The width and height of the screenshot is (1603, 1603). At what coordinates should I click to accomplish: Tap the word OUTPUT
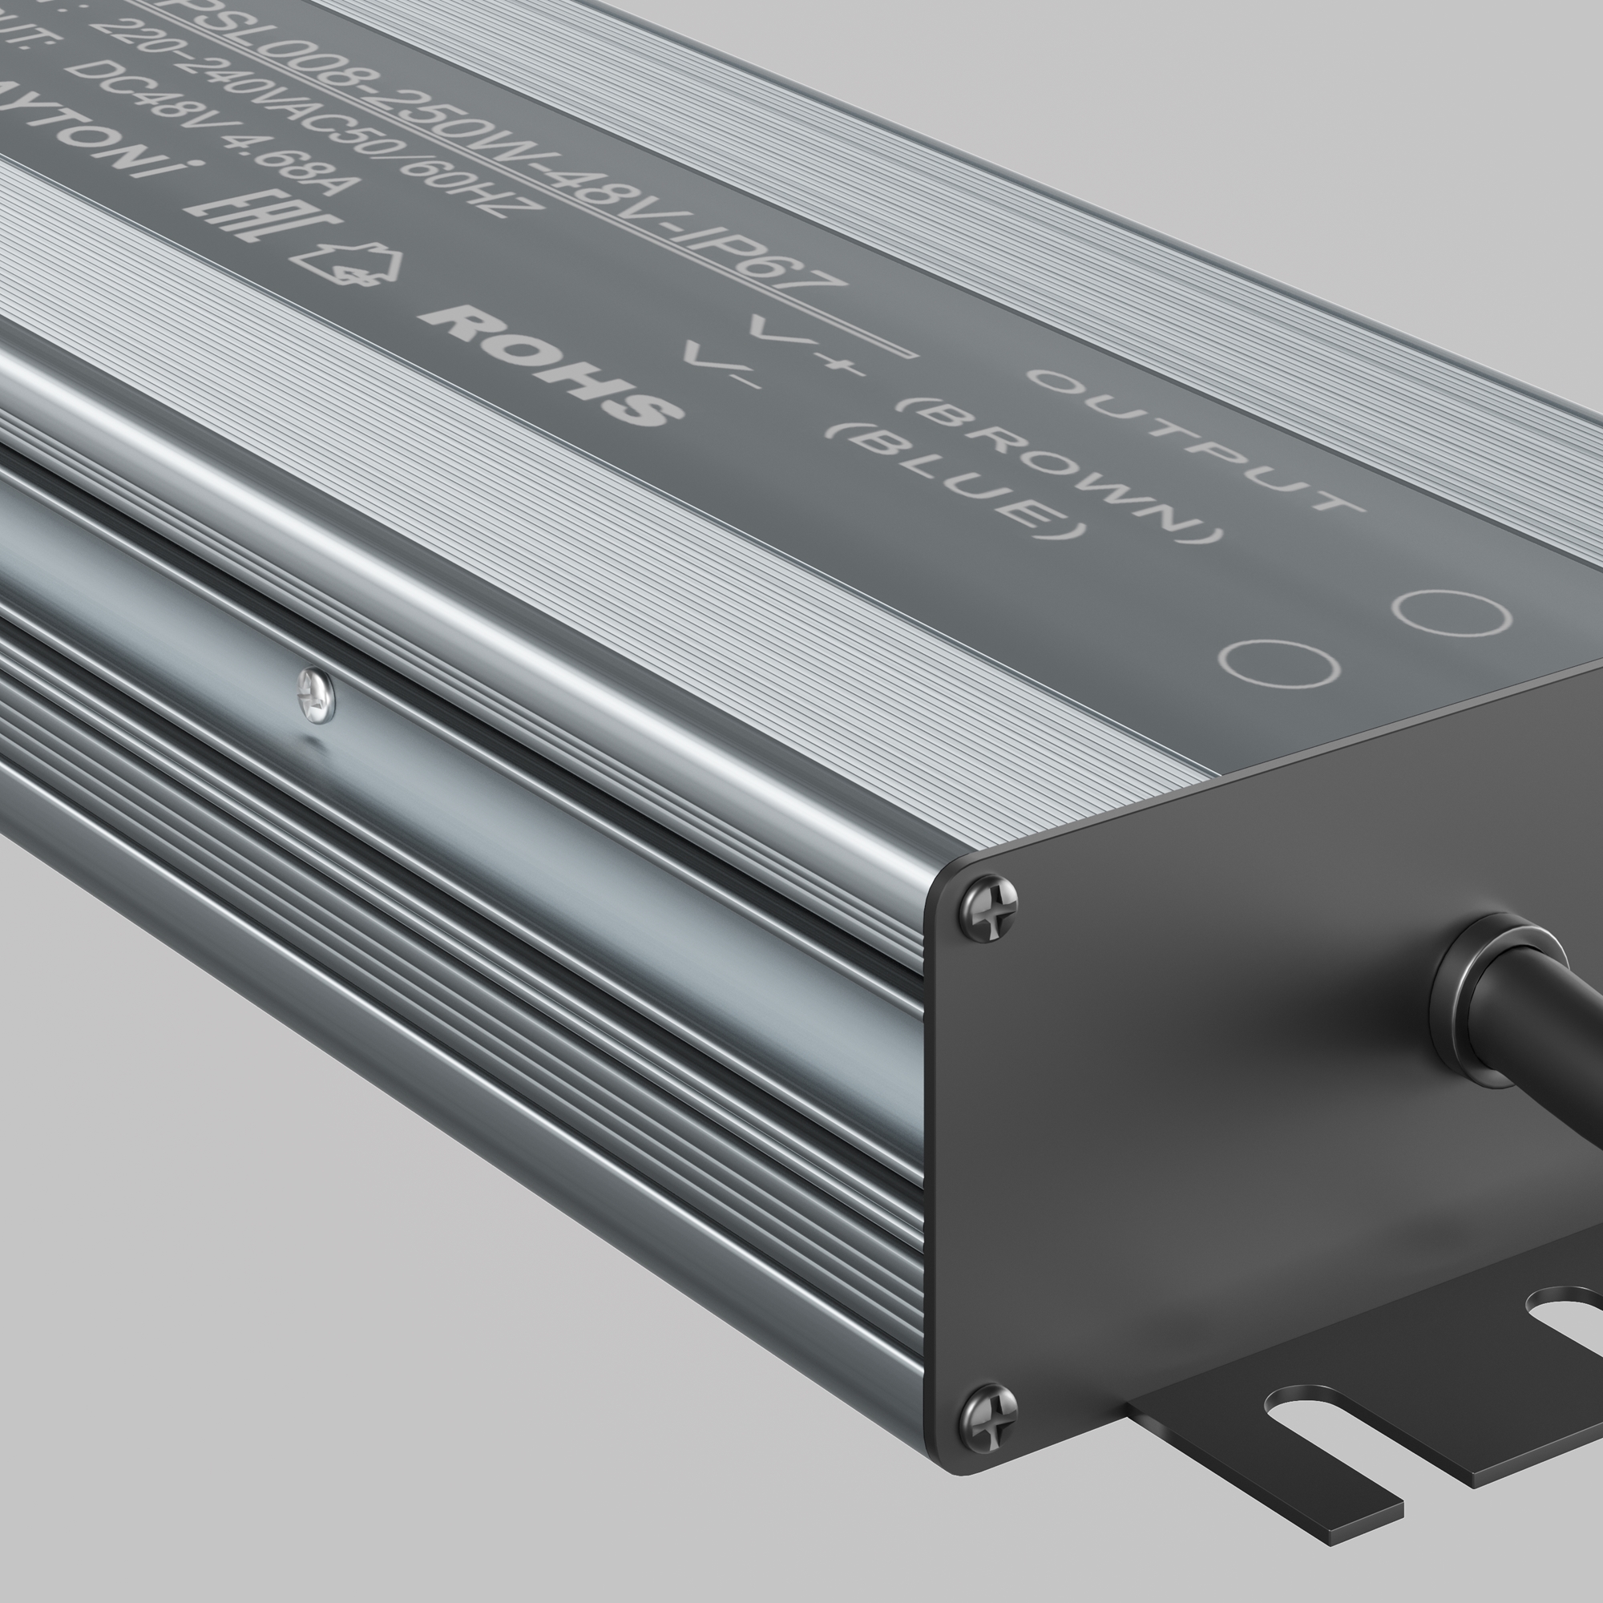(1195, 440)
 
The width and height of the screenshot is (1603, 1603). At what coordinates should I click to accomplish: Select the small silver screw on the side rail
(316, 693)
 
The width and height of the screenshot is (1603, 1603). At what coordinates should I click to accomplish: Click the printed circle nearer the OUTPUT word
(1452, 613)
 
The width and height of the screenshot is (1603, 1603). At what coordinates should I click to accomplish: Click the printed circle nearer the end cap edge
(1278, 664)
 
